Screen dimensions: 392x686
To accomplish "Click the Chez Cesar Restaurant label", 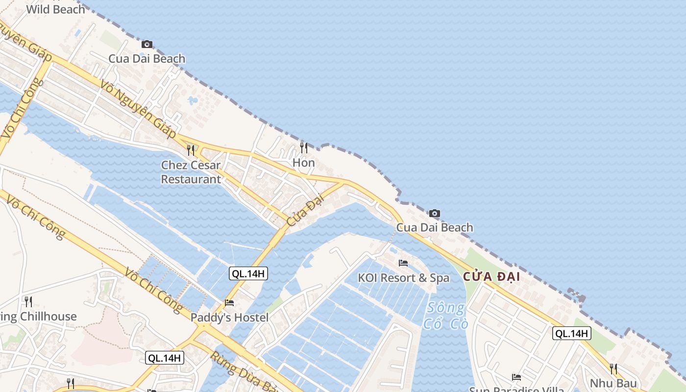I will point(191,172).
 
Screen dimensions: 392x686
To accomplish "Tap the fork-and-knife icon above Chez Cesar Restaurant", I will point(191,150).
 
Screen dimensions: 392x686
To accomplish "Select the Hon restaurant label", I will point(304,162).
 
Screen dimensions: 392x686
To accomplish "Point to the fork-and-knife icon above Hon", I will point(304,147).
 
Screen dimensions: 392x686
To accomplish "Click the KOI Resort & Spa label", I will point(403,278).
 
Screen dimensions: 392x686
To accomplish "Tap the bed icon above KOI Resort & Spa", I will point(403,263).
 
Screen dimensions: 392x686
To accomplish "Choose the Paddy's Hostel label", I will point(229,318).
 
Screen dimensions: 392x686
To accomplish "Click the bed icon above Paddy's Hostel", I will point(229,303).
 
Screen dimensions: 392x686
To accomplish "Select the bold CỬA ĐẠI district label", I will point(491,277).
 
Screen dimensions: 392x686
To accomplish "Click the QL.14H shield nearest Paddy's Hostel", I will point(248,273).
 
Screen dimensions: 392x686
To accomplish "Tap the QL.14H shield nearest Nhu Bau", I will point(572,334).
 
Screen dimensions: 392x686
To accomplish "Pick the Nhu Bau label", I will point(613,383).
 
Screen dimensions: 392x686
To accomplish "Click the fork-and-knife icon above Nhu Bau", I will point(613,368).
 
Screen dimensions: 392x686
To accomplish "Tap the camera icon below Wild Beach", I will point(147,45).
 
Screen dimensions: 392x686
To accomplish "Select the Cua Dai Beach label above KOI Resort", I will point(435,227).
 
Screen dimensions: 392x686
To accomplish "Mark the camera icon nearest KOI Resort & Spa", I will point(435,213).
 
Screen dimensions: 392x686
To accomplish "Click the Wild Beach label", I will point(55,9).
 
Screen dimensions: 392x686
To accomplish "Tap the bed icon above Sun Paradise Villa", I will point(516,377).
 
